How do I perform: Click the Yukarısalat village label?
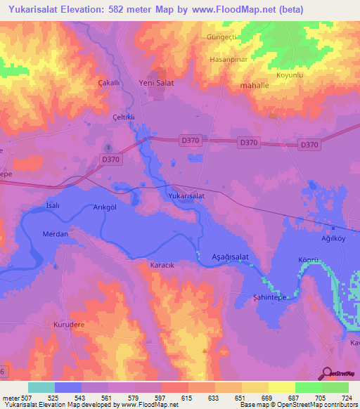tap(186, 196)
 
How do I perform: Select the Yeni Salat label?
tap(157, 82)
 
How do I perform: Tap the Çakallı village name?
tap(110, 82)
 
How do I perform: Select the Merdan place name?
tap(55, 234)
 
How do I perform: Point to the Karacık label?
tap(162, 265)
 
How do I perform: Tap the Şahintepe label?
tap(269, 297)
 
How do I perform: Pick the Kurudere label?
tap(69, 325)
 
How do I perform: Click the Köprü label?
tap(309, 260)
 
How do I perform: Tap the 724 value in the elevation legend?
tap(345, 398)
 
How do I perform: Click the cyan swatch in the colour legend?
tap(41, 387)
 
